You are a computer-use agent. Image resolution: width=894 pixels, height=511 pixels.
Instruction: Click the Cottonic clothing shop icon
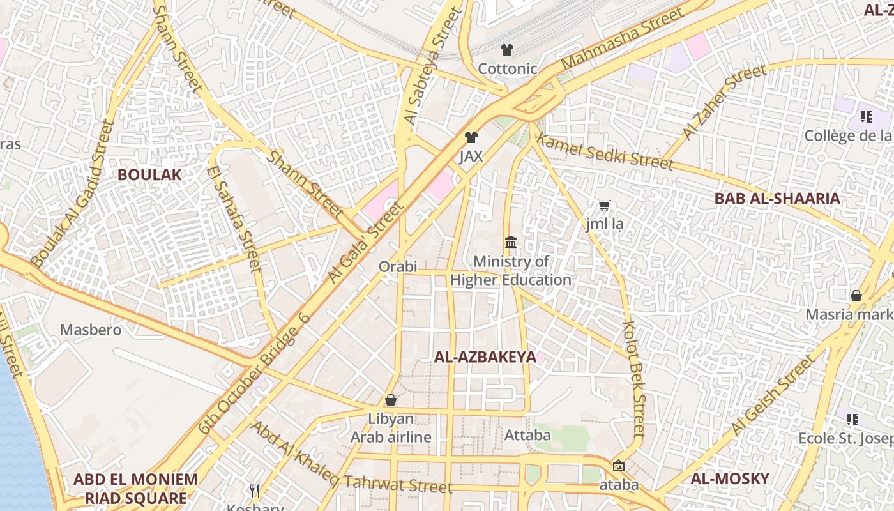coord(507,50)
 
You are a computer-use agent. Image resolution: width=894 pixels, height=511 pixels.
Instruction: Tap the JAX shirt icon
coord(471,137)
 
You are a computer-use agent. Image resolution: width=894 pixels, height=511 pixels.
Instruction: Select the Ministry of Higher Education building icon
coord(511,243)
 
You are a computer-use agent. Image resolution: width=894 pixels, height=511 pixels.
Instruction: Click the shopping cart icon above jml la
coord(605,206)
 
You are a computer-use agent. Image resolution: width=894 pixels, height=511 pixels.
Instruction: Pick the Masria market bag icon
coord(856,296)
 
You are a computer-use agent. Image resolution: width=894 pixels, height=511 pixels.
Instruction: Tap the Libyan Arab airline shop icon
coord(391,400)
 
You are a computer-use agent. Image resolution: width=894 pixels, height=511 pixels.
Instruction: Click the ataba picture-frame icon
coord(618,466)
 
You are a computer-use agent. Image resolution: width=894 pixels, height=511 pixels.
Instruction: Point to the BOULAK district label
coord(149,174)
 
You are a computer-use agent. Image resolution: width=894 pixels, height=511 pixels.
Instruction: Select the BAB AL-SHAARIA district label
coord(777,199)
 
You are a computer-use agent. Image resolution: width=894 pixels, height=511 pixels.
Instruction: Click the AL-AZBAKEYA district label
coord(485,357)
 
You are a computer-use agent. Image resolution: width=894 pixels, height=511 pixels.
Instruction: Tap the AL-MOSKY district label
coord(730,478)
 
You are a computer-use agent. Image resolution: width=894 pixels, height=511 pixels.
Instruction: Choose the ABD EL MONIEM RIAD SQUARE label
coord(135,489)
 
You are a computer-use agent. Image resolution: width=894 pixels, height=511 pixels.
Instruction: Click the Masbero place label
coord(91,330)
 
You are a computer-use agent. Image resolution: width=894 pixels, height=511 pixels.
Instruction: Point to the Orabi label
coord(397,266)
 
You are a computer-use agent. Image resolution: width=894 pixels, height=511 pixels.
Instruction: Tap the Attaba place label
coord(527,435)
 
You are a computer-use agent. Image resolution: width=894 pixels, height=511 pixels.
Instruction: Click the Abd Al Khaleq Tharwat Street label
coord(351,459)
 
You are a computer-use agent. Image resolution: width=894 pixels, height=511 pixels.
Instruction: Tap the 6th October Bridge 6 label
coord(254,374)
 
